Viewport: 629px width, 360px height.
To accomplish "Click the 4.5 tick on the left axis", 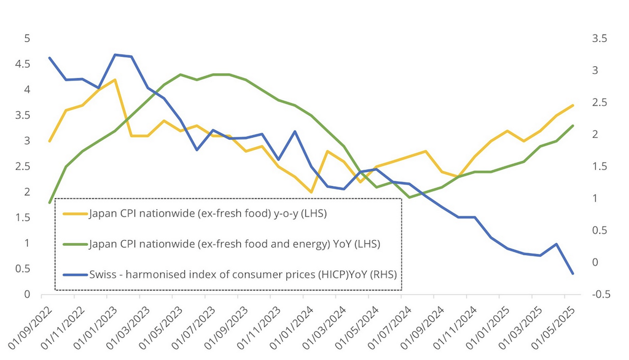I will [23, 64].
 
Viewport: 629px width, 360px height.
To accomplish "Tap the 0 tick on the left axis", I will [26, 294].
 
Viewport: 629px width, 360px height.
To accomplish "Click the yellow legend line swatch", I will [76, 214].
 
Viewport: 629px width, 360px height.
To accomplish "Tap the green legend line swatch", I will [76, 244].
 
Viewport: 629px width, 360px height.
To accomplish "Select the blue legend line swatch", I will [76, 274].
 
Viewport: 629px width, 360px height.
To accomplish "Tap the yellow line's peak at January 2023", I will [115, 80].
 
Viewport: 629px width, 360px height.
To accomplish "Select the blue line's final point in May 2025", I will [573, 273].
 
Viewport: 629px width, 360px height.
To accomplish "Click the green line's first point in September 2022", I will [49, 202].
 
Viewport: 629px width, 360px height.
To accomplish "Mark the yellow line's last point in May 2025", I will [573, 105].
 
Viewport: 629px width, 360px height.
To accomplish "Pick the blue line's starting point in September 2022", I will [49, 58].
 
